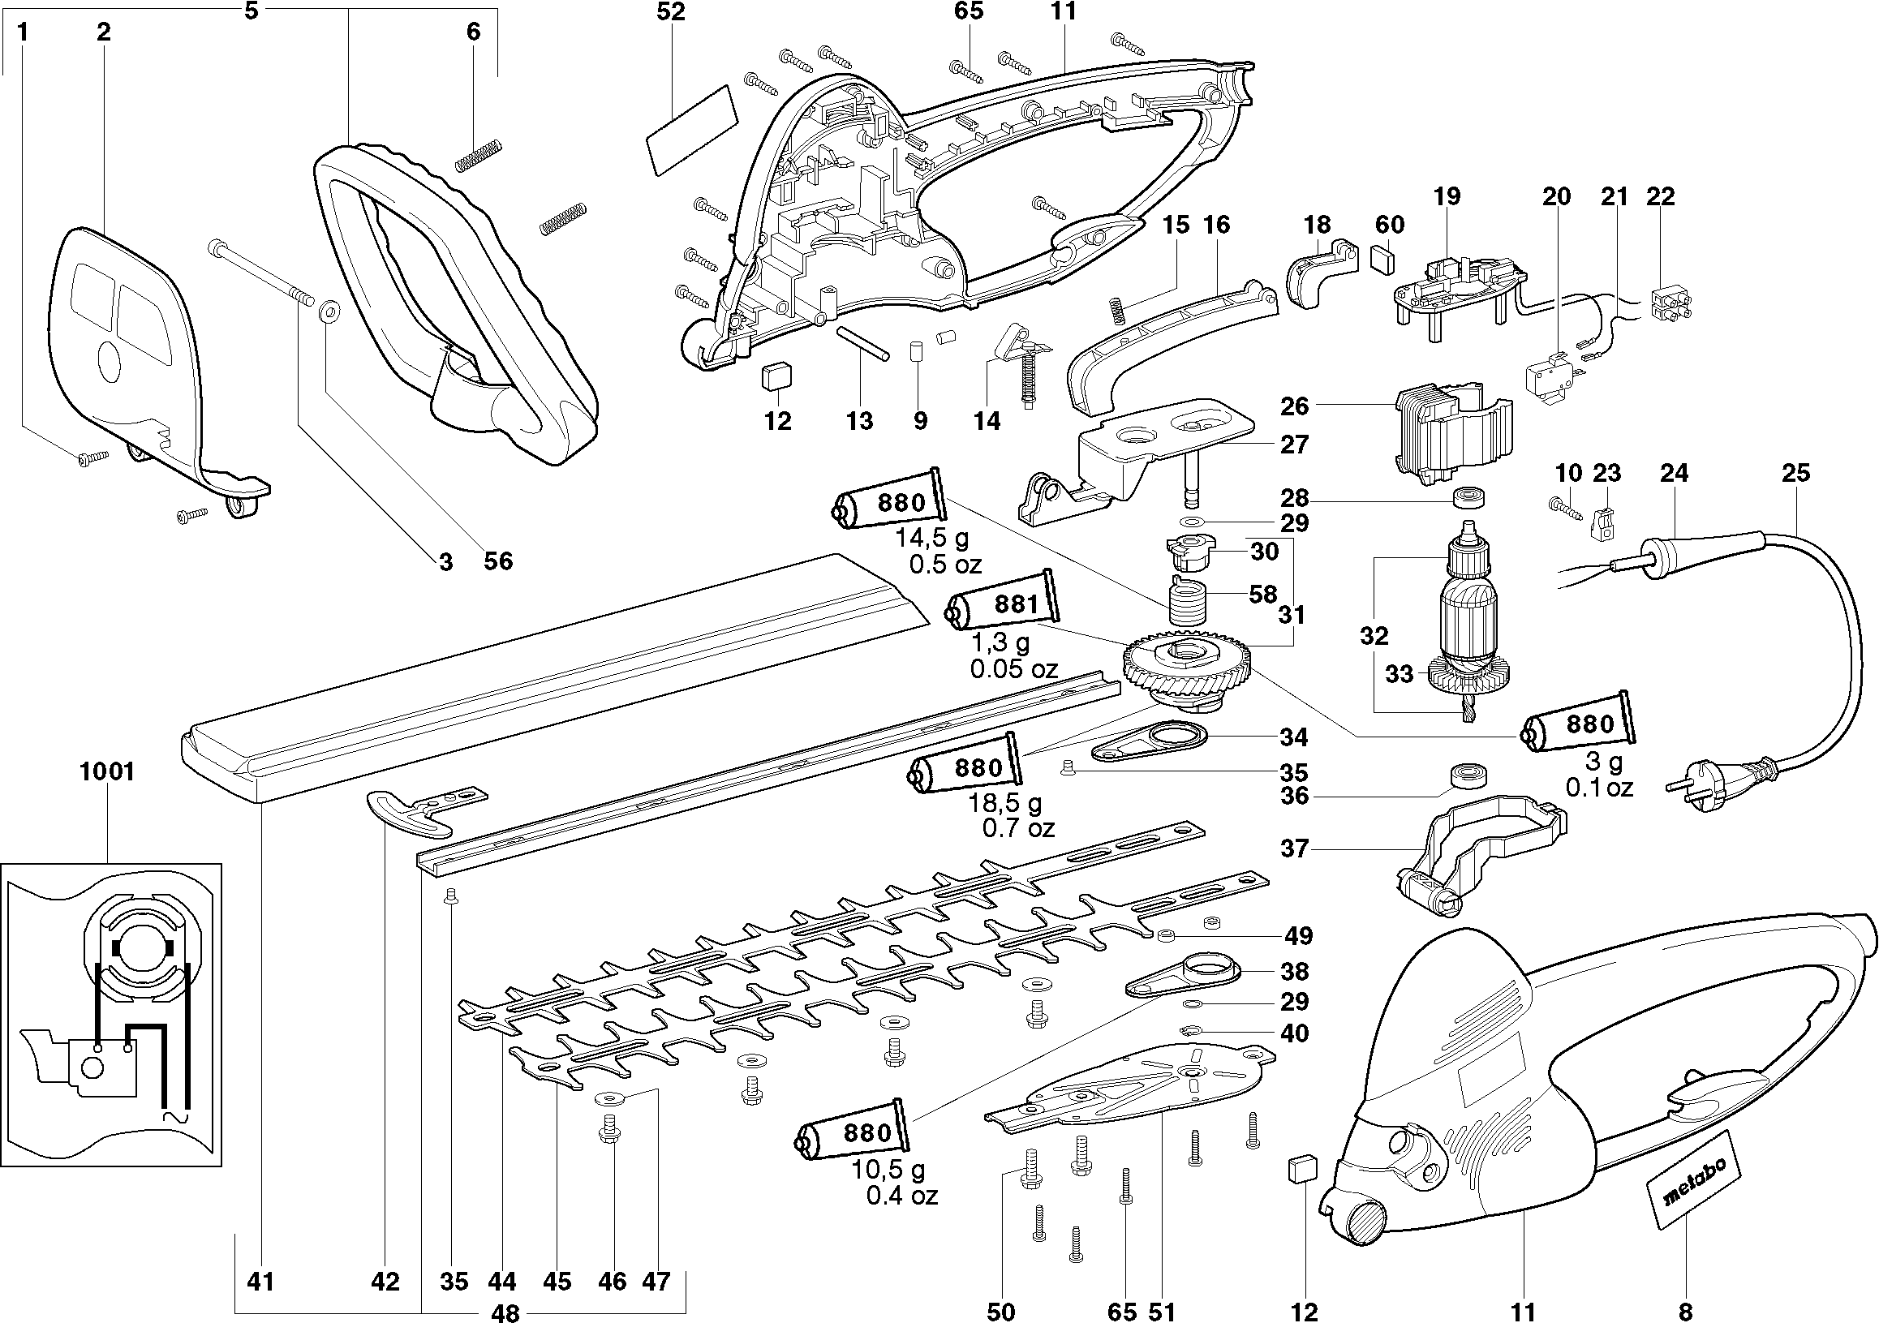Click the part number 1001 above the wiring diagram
click(106, 771)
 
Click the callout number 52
click(670, 11)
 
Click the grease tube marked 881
click(1005, 604)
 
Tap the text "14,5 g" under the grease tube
click(932, 539)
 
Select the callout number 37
click(1295, 848)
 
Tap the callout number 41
click(260, 1282)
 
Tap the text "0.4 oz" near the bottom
click(902, 1196)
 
